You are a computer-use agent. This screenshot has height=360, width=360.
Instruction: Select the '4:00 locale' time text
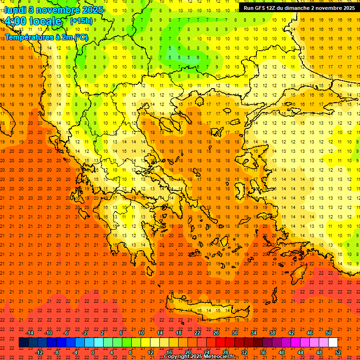tap(32, 21)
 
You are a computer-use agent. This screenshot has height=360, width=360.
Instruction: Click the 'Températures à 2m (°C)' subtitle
tap(46, 37)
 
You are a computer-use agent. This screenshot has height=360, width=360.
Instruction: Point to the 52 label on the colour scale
tap(338, 352)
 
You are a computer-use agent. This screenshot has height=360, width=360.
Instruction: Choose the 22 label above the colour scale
tap(197, 333)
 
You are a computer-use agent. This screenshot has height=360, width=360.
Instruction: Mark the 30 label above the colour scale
tap(235, 333)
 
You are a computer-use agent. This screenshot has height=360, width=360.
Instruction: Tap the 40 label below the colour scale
tap(282, 352)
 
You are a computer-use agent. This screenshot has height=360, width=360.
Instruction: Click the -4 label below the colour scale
tap(75, 352)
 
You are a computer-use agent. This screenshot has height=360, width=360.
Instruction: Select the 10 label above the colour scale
tap(141, 333)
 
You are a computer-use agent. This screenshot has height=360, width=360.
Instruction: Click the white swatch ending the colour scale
tap(333, 343)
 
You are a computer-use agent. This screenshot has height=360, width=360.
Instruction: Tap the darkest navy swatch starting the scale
tap(24, 343)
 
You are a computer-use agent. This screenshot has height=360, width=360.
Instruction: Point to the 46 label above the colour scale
tap(310, 333)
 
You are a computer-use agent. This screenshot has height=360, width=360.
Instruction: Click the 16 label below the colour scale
tap(169, 352)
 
